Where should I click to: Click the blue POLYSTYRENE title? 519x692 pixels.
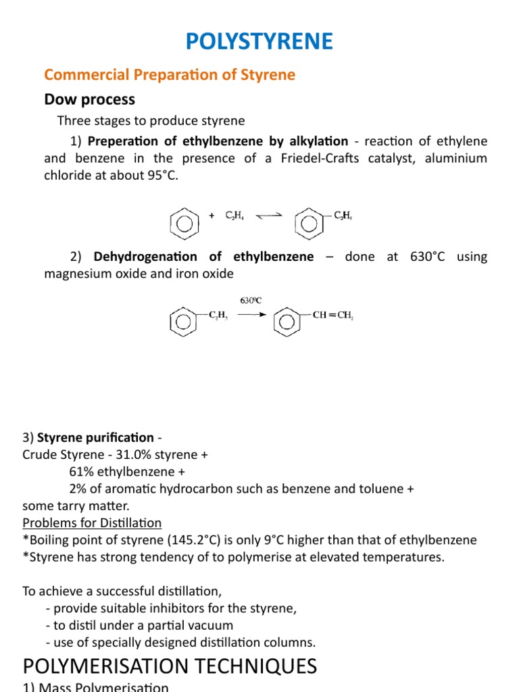(259, 42)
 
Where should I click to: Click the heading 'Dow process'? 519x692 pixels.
(89, 99)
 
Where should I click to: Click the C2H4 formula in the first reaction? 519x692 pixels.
(234, 216)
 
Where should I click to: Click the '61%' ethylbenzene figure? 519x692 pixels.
(82, 472)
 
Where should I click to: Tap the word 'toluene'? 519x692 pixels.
(376, 489)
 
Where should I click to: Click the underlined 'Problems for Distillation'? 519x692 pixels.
(92, 522)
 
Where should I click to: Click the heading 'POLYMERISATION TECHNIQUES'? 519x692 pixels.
(170, 666)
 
